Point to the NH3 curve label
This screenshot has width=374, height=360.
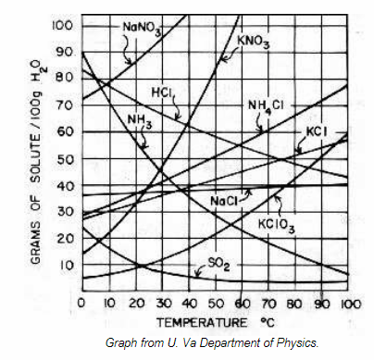pos(141,120)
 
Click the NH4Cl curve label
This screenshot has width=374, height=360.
pos(267,105)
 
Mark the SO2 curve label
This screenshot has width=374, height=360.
pos(216,264)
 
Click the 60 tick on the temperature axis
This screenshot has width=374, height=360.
pos(242,304)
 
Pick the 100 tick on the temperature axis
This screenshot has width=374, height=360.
pos(348,304)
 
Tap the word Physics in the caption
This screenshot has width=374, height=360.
pos(299,343)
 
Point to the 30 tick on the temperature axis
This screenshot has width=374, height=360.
pos(162,304)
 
